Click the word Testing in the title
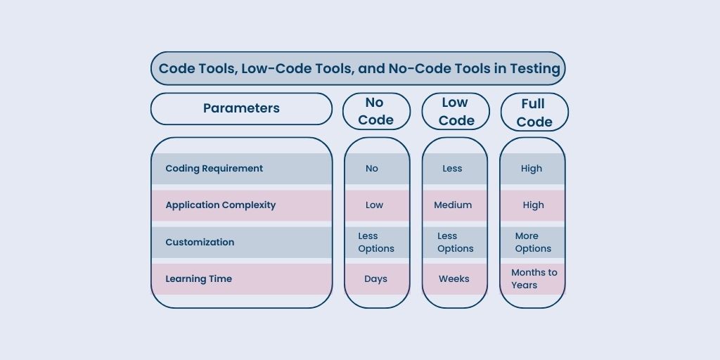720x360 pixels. click(535, 69)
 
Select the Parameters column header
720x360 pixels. click(241, 108)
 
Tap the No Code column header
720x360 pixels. click(376, 111)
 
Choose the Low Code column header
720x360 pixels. click(456, 111)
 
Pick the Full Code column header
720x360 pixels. click(534, 112)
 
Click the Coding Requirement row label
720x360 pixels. click(214, 169)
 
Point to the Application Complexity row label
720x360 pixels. click(220, 205)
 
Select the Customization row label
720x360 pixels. click(200, 242)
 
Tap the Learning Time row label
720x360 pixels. click(198, 278)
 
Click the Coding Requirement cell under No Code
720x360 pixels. click(372, 169)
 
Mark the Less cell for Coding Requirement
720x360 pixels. click(452, 169)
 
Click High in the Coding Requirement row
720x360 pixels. click(532, 169)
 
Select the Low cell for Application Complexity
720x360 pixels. click(374, 205)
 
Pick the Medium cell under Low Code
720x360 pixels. click(453, 205)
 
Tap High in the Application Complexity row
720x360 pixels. click(533, 205)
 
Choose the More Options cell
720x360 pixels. click(533, 242)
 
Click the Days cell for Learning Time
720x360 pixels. click(375, 278)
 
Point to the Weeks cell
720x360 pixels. click(454, 278)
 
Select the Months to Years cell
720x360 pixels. click(534, 278)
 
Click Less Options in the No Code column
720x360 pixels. click(376, 242)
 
